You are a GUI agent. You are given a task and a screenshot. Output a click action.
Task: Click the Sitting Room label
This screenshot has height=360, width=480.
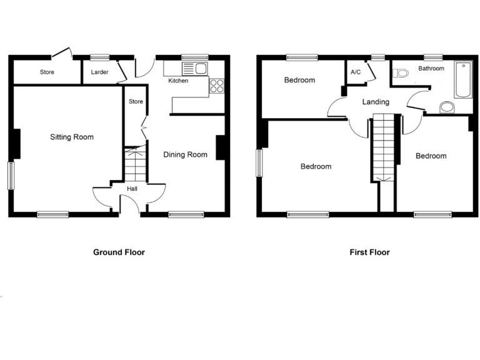click(72, 137)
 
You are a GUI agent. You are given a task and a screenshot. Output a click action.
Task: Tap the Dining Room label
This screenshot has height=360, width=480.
click(186, 154)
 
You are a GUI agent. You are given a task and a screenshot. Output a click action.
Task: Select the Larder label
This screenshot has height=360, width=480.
click(99, 72)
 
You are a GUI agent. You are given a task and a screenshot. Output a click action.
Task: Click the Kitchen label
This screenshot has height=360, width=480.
click(178, 81)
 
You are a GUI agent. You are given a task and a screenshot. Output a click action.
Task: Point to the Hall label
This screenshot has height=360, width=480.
click(132, 189)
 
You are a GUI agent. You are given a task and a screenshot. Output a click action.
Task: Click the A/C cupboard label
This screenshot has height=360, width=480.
click(356, 72)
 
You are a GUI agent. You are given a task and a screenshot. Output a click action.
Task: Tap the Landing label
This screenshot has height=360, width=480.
click(376, 102)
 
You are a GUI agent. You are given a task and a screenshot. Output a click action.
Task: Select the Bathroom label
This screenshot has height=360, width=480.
click(431, 69)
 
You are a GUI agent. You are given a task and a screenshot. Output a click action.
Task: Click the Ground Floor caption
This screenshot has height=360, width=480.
click(119, 252)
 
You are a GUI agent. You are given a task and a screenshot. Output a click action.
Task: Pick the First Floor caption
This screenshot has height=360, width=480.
click(369, 252)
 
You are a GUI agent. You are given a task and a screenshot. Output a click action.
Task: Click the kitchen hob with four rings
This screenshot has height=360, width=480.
click(217, 86)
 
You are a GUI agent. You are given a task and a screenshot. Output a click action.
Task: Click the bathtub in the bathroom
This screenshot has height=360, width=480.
click(463, 79)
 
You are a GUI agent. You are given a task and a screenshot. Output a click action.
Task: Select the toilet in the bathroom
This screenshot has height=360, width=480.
click(400, 73)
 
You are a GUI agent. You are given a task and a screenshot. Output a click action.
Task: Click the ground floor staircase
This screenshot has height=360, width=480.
click(134, 164)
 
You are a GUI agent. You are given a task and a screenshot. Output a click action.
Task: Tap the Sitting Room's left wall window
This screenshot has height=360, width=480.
click(11, 176)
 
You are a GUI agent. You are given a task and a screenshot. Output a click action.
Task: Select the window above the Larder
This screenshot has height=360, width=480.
click(99, 57)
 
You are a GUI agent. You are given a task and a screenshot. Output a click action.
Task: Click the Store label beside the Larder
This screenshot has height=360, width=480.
click(47, 72)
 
